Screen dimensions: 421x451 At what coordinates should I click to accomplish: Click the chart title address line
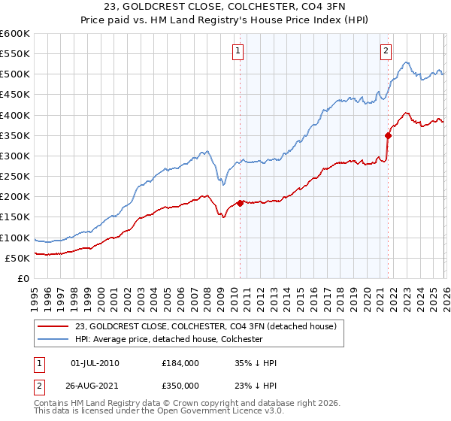[225, 9]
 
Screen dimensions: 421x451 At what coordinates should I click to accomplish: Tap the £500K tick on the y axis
[15, 74]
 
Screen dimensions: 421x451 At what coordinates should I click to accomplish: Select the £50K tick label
[17, 258]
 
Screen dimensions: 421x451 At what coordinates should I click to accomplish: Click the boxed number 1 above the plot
[238, 51]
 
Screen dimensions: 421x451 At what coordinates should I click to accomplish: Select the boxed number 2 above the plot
[386, 51]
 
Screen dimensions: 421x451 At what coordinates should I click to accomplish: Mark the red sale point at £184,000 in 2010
[240, 203]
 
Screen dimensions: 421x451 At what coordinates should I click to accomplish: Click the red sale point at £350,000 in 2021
[389, 135]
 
